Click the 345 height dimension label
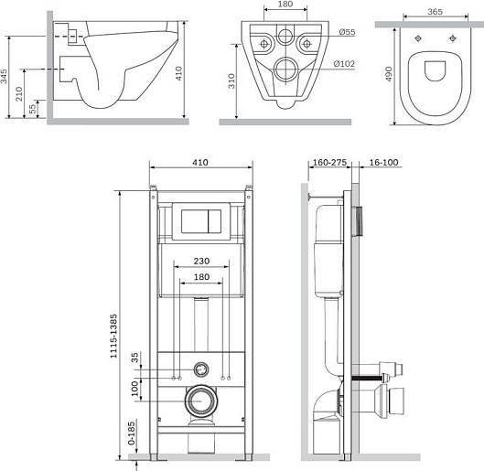(x=4, y=76)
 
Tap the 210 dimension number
(x=19, y=93)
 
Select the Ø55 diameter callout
(x=347, y=32)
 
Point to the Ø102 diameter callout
(x=344, y=64)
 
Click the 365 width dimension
(x=436, y=12)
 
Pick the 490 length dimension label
(x=388, y=74)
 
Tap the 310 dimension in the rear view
(x=231, y=81)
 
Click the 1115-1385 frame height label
(x=113, y=336)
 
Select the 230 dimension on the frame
(x=201, y=261)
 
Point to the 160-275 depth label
(x=329, y=162)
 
